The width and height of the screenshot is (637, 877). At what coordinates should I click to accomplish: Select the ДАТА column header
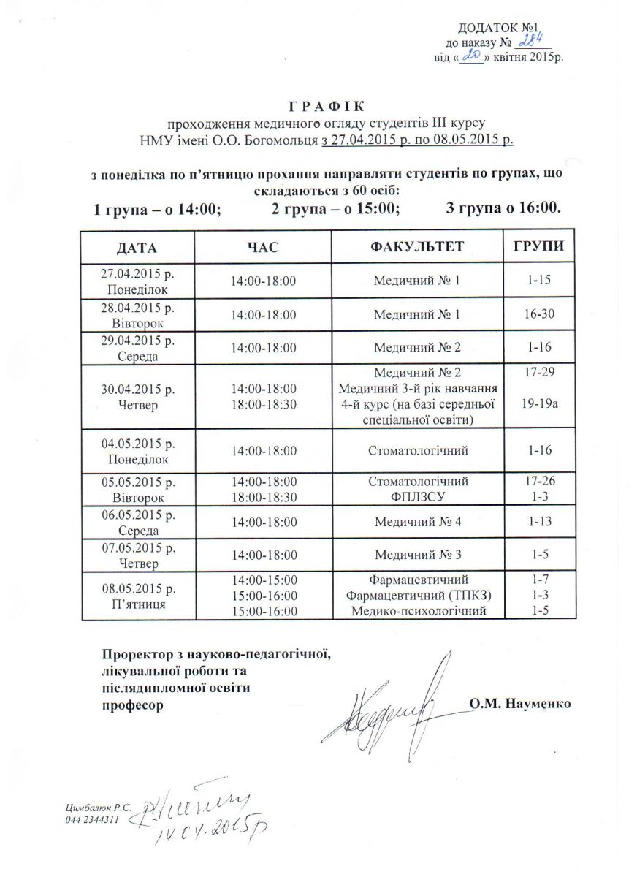[137, 247]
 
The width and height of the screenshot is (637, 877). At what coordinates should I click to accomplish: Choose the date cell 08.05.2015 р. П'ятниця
[137, 596]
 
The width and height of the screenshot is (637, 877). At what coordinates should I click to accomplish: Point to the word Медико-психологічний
[419, 611]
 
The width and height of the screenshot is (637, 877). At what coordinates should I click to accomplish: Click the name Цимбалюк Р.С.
[98, 809]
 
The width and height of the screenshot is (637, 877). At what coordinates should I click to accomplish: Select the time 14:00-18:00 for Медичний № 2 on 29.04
[263, 348]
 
